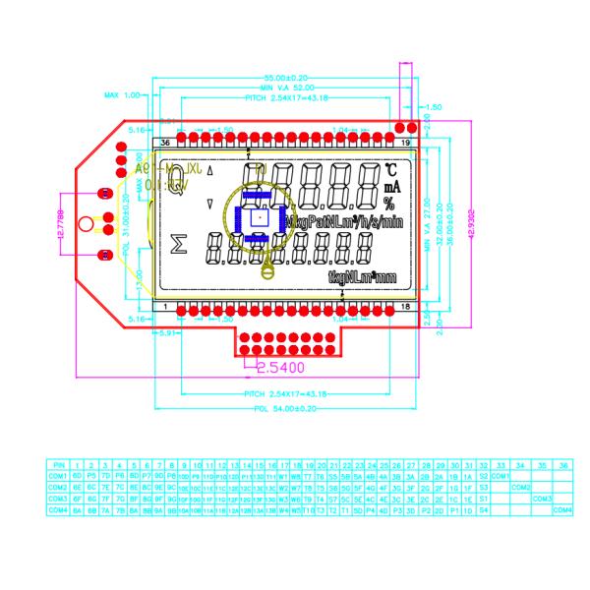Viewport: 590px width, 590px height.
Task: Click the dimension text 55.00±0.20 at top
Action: pyautogui.click(x=285, y=77)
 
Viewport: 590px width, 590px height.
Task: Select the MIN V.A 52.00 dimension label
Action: pyautogui.click(x=285, y=88)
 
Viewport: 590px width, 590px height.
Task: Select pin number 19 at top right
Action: pyautogui.click(x=405, y=143)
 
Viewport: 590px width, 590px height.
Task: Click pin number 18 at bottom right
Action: pyautogui.click(x=405, y=307)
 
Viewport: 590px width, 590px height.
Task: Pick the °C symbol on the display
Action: pyautogui.click(x=390, y=168)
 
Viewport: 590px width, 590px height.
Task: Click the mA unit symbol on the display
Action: pyautogui.click(x=391, y=186)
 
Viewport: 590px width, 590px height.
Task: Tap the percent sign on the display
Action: pyautogui.click(x=389, y=205)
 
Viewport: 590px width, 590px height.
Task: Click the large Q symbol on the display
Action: pyautogui.click(x=177, y=186)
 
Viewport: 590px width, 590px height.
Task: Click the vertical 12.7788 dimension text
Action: pyautogui.click(x=61, y=225)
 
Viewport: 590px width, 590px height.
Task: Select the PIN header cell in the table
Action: pyautogui.click(x=59, y=463)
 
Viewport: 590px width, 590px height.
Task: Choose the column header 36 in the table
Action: pyautogui.click(x=563, y=463)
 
